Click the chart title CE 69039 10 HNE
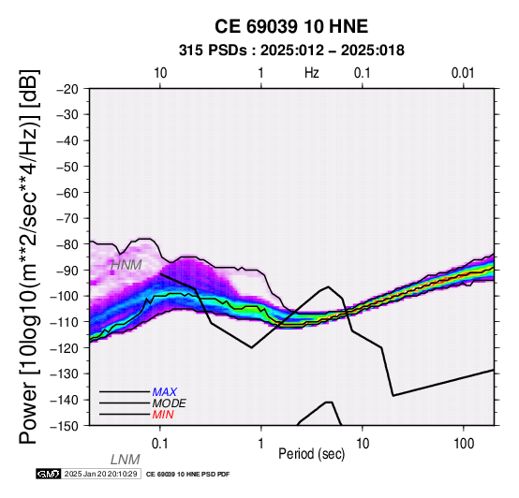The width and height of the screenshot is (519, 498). (291, 26)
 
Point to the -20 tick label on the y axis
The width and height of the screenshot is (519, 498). (67, 89)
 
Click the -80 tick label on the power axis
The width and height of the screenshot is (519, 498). (67, 244)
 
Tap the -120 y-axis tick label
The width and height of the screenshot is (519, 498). (65, 348)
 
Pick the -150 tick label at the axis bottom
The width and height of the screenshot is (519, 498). (65, 426)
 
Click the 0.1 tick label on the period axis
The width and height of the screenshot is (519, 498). (160, 444)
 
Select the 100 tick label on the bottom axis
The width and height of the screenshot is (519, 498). (464, 444)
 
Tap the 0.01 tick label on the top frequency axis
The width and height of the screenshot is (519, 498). (463, 73)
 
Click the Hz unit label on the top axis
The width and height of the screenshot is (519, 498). (312, 73)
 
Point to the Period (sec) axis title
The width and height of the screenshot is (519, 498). (311, 454)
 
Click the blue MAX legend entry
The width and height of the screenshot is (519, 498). (165, 392)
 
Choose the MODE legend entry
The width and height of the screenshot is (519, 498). (170, 403)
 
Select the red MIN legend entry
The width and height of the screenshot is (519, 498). (163, 415)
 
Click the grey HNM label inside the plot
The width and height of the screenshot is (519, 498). (126, 265)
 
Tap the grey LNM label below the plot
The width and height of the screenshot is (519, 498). (126, 460)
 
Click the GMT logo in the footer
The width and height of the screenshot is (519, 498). (49, 474)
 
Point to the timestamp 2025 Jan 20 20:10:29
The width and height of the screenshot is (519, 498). (100, 474)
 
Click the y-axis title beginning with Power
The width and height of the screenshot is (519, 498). (29, 256)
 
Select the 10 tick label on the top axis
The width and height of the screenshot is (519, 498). (160, 73)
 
